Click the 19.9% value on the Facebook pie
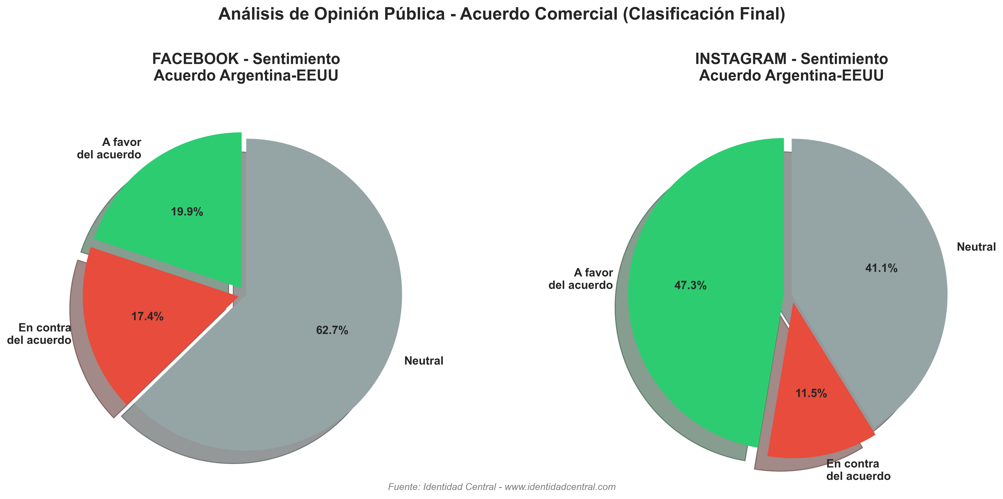click(x=187, y=212)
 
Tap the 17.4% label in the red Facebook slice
click(x=147, y=316)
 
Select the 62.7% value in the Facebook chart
click(x=332, y=330)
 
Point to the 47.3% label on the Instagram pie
click(x=690, y=286)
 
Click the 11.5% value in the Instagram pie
click(x=811, y=393)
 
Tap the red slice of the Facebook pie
click(x=129, y=351)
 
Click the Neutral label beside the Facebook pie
click(x=424, y=361)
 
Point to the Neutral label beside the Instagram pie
click(x=976, y=247)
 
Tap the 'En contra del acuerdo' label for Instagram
click(x=858, y=470)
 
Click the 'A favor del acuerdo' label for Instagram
click(x=581, y=279)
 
